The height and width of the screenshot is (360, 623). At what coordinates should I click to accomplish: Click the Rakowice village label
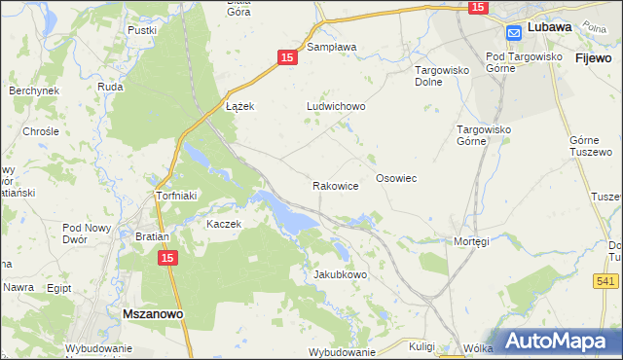tap(336, 185)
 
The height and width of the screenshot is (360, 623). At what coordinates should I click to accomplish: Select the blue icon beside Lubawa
tap(514, 32)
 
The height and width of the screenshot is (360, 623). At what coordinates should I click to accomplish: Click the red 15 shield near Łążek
tap(286, 58)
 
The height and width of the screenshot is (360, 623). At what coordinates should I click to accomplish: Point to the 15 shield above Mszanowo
tap(167, 258)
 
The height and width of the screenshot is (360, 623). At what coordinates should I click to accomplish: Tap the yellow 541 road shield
tap(605, 281)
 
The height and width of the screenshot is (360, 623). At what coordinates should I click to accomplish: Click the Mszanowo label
tap(155, 314)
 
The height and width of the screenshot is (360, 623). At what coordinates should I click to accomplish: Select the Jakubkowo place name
tap(340, 275)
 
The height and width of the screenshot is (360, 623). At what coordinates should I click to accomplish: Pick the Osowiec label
tap(396, 179)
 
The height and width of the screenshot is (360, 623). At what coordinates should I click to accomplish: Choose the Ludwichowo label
tap(335, 107)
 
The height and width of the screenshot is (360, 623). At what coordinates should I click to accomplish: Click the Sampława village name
tap(332, 46)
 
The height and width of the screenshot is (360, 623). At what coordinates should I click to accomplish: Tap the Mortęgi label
tap(470, 241)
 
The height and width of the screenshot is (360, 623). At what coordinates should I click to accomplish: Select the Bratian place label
tap(153, 236)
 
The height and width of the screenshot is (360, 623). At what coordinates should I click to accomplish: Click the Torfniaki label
tap(177, 196)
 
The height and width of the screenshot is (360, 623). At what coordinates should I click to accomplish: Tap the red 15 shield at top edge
tap(477, 8)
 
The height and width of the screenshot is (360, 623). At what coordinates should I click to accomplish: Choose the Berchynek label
tap(34, 90)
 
